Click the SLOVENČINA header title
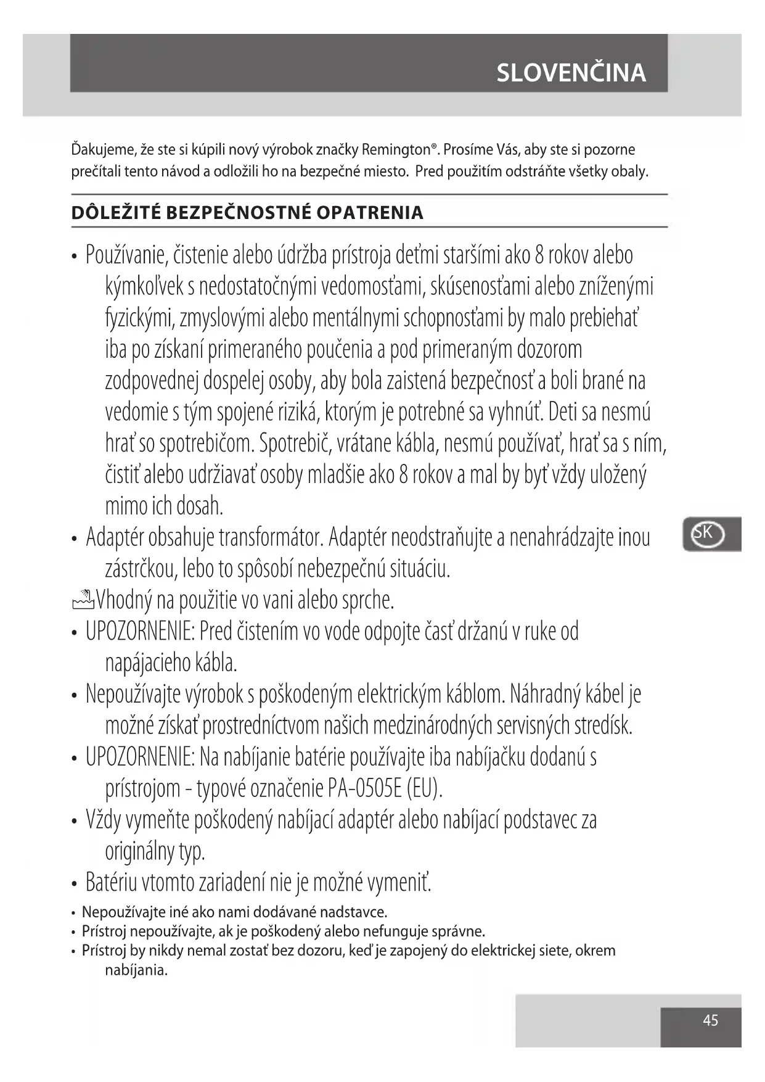[571, 73]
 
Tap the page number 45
[710, 1021]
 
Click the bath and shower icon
[83, 598]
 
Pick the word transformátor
[271, 537]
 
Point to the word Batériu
[112, 882]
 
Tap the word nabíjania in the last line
[136, 970]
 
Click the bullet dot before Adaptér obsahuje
[74, 539]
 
